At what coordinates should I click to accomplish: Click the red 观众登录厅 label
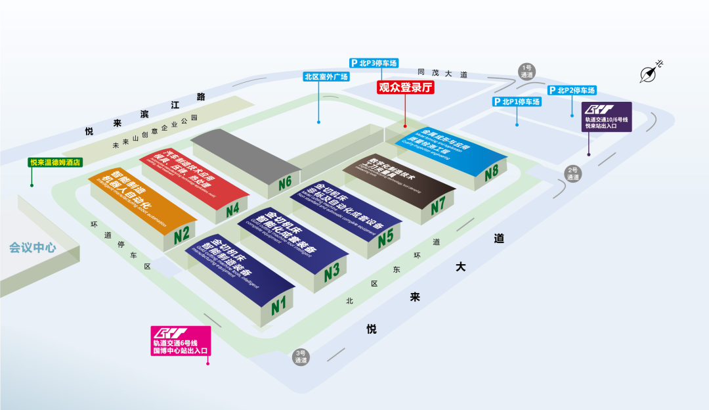click(406, 87)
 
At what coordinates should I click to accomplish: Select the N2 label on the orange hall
click(182, 233)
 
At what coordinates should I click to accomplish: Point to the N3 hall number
click(332, 270)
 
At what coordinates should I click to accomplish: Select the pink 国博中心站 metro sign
click(181, 341)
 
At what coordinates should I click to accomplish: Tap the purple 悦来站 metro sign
click(607, 117)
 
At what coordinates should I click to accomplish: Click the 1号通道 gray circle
click(527, 71)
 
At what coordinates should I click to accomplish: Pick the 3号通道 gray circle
click(301, 356)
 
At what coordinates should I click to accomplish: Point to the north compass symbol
click(650, 72)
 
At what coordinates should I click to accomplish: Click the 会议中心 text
click(33, 248)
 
